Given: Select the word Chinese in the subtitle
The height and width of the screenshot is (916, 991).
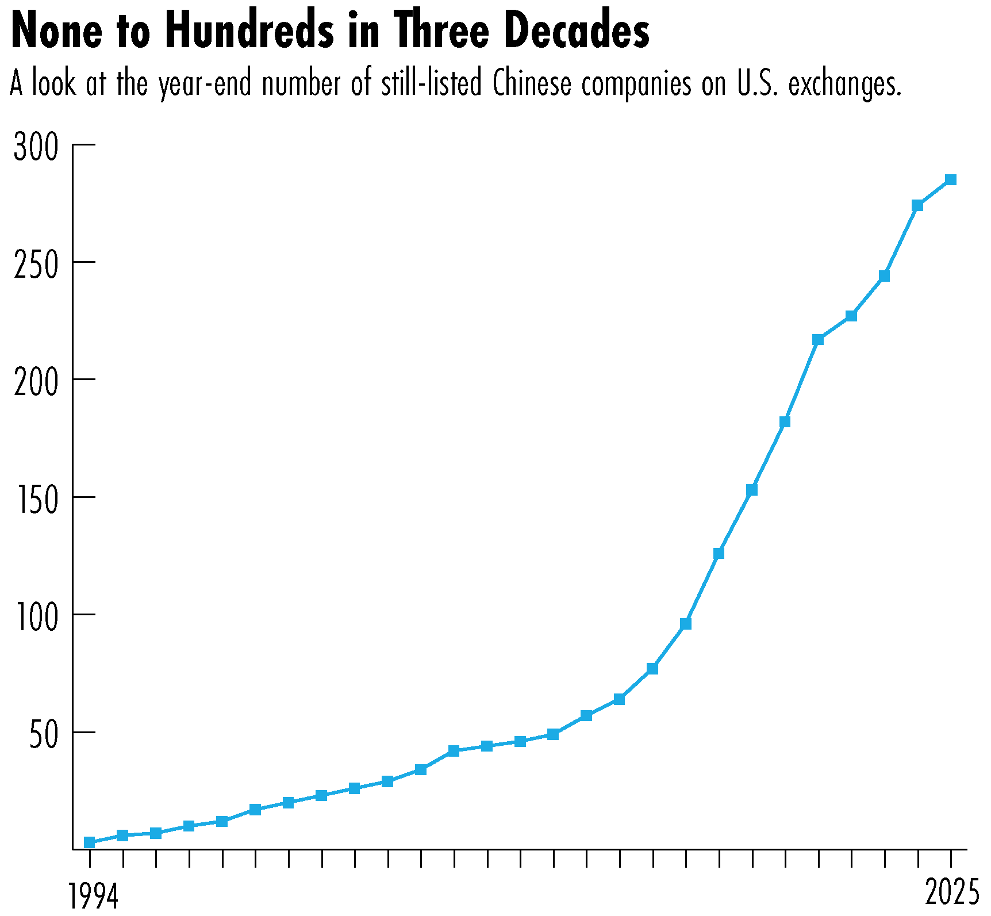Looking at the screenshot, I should (x=532, y=84).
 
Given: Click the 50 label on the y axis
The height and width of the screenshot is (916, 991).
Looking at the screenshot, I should (x=44, y=735).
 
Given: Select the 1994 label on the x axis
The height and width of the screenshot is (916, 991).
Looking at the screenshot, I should (x=93, y=895).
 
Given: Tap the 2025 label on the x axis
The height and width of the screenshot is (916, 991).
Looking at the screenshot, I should (x=951, y=893).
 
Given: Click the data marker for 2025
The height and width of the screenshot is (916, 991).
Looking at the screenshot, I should (x=951, y=180).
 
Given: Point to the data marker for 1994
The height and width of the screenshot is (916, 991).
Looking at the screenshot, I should (x=89, y=842).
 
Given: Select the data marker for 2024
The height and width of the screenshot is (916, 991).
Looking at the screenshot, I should (x=917, y=206).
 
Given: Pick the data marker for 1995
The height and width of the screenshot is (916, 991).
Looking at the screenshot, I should (x=122, y=835).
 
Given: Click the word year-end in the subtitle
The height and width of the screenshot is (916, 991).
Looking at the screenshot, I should (x=205, y=85).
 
